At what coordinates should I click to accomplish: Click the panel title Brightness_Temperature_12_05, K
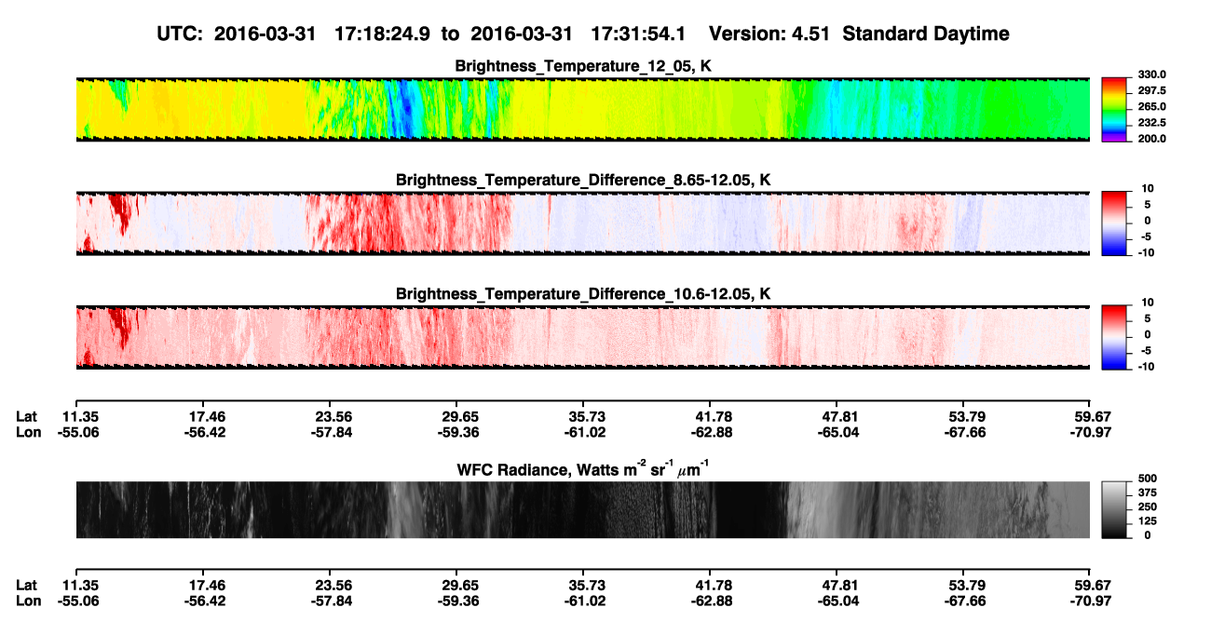583,66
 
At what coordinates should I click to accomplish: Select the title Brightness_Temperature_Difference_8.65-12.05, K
583,180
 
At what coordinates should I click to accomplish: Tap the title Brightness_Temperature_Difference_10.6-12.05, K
583,294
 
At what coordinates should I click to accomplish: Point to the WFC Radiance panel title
583,469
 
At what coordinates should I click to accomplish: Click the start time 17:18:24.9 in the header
382,34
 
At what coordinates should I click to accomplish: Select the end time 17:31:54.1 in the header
638,34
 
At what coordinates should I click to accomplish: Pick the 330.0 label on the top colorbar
1151,74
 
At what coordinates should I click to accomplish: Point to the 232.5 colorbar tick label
1151,123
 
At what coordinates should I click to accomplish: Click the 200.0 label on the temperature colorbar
1151,139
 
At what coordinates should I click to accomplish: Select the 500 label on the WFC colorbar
1148,479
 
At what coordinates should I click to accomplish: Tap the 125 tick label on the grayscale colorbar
1148,521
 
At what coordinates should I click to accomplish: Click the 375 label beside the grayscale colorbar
1148,493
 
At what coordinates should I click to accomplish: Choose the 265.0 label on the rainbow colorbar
1151,106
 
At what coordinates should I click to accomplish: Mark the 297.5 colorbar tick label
1151,90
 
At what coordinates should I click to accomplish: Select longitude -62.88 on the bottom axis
712,601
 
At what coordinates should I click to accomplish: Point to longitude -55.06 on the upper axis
78,432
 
